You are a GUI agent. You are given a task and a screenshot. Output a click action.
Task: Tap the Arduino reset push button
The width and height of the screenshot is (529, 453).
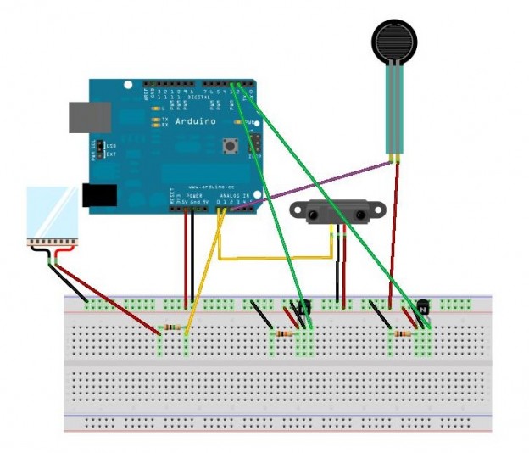[229, 146]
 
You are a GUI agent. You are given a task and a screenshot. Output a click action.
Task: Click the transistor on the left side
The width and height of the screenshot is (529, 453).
[303, 307]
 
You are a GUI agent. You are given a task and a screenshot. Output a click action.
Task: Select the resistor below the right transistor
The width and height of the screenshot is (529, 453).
[406, 334]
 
